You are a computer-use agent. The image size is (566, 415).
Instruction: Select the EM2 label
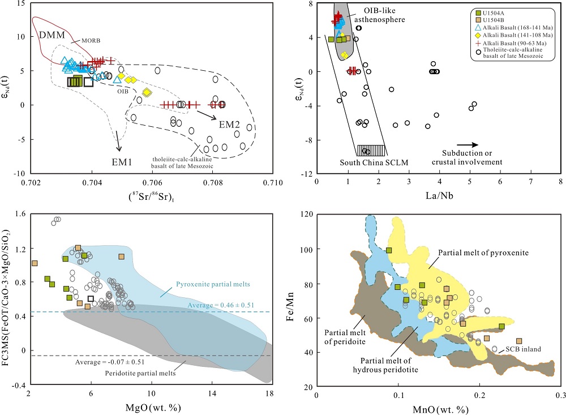coord(228,123)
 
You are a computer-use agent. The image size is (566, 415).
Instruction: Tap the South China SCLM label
coord(366,162)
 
